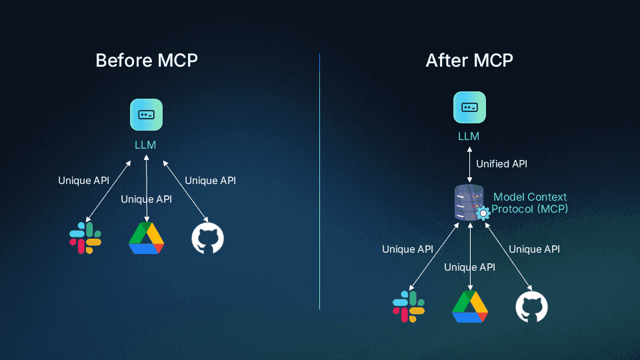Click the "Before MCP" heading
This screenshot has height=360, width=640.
click(147, 61)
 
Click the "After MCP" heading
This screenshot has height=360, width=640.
click(469, 61)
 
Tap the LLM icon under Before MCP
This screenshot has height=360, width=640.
click(146, 115)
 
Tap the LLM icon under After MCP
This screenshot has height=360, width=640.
click(469, 107)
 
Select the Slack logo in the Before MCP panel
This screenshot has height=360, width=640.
click(85, 238)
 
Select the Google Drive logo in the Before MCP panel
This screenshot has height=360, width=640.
click(146, 238)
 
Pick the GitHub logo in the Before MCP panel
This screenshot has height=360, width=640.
click(208, 238)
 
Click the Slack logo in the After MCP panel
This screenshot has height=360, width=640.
click(409, 307)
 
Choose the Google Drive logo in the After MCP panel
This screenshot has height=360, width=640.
click(470, 307)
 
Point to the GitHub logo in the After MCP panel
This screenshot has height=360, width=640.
click(531, 307)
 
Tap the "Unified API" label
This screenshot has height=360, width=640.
click(501, 163)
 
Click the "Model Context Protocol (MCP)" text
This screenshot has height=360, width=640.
click(530, 203)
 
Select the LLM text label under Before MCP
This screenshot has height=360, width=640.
click(146, 144)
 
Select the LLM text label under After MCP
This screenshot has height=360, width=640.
click(469, 137)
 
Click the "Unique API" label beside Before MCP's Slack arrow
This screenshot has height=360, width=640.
click(83, 180)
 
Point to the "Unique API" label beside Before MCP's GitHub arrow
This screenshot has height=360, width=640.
click(210, 180)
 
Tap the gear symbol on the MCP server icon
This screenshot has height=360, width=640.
click(483, 213)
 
